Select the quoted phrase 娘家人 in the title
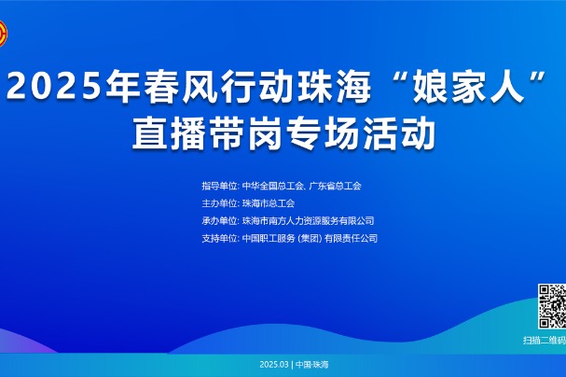tap(468, 86)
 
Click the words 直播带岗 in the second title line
tap(207, 133)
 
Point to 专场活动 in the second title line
tap(361, 133)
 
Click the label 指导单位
tap(219, 186)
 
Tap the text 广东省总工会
tap(336, 186)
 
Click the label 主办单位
tap(219, 203)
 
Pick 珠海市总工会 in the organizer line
tap(269, 203)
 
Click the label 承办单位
tap(219, 220)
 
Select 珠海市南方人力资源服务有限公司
tap(308, 220)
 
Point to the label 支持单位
tap(219, 238)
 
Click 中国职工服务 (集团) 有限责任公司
tap(310, 238)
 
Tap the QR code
tap(552, 306)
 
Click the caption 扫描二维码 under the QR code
tap(545, 341)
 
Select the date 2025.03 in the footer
tap(274, 364)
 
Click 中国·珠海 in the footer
tap(311, 364)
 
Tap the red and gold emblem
tap(3, 34)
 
